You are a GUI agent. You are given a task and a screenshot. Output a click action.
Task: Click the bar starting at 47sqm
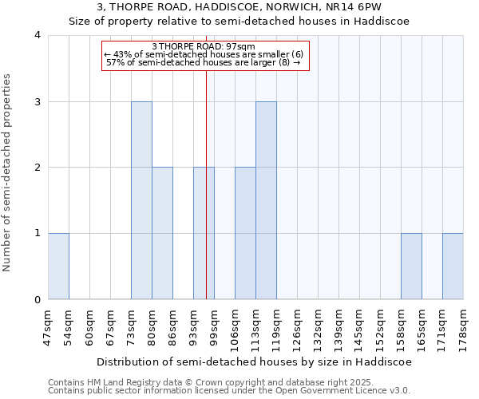pyautogui.click(x=58, y=266)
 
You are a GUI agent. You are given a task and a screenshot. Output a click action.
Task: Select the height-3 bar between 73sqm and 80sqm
pyautogui.click(x=141, y=200)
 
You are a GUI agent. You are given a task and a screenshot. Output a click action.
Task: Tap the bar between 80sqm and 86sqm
pyautogui.click(x=162, y=233)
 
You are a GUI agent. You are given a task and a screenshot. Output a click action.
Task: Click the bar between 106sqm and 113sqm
pyautogui.click(x=245, y=233)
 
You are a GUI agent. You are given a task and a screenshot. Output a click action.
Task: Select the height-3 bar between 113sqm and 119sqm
pyautogui.click(x=266, y=200)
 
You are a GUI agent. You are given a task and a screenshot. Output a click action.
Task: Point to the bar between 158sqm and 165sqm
pyautogui.click(x=411, y=266)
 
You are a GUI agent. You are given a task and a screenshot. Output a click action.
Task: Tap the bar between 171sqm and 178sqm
pyautogui.click(x=453, y=266)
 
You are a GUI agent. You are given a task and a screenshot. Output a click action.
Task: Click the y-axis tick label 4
pyautogui.click(x=37, y=35)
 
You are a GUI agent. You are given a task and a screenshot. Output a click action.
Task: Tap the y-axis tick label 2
pyautogui.click(x=37, y=168)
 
